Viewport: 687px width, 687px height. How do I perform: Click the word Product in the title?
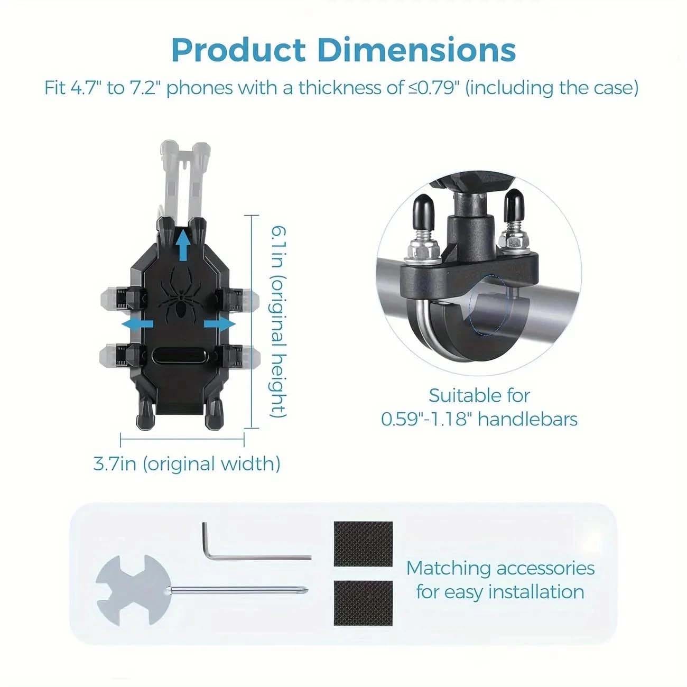pyautogui.click(x=238, y=50)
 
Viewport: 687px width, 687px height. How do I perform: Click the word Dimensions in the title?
pyautogui.click(x=417, y=50)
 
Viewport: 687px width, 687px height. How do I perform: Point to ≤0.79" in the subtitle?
pyautogui.click(x=434, y=88)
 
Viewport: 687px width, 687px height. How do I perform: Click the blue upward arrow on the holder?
pyautogui.click(x=183, y=245)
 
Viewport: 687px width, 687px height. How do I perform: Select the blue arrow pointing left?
pyautogui.click(x=137, y=324)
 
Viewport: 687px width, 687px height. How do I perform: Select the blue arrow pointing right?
pyautogui.click(x=220, y=324)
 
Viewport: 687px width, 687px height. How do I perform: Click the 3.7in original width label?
pyautogui.click(x=187, y=464)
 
